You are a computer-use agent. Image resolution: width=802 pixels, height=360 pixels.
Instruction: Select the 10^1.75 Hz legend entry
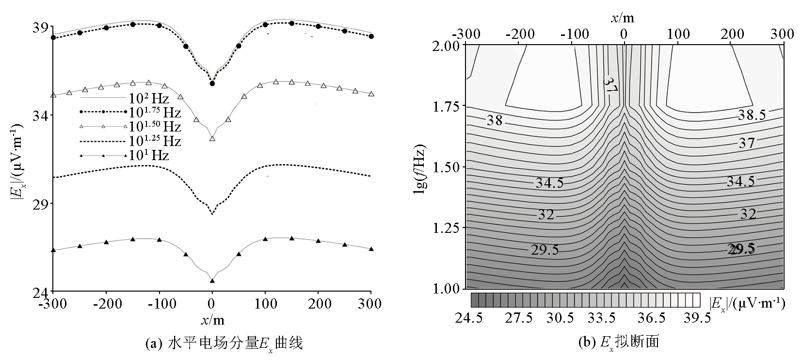[x=131, y=113]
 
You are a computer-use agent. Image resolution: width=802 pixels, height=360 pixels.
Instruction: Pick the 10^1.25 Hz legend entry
[x=131, y=142]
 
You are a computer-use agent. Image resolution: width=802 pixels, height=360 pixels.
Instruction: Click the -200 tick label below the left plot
[x=105, y=305]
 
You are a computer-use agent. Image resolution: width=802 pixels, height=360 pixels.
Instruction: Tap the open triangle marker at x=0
[x=212, y=138]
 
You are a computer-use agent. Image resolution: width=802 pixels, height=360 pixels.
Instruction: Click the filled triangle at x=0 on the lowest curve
[x=212, y=280]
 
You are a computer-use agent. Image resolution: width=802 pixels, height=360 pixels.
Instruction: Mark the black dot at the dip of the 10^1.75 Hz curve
[x=212, y=83]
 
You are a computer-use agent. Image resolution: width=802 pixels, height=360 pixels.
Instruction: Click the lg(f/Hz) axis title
[x=420, y=167]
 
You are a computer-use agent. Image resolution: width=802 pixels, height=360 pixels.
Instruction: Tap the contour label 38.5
[x=752, y=115]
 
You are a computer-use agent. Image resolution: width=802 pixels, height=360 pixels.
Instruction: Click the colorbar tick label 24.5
[x=469, y=318]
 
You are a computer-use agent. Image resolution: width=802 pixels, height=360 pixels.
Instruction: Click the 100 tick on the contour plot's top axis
[x=678, y=34]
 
